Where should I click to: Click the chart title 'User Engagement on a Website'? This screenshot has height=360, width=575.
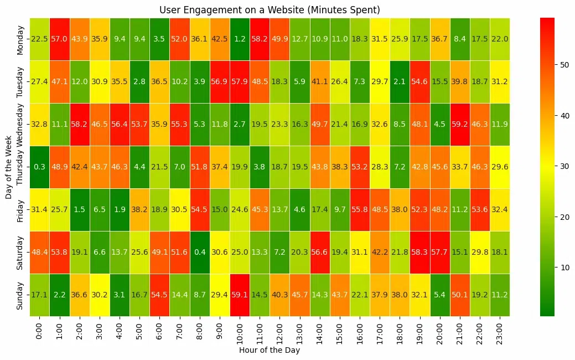[x=270, y=10]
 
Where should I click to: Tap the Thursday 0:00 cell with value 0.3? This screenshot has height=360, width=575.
[x=39, y=166]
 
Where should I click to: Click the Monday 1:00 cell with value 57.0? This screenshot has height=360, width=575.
[x=60, y=38]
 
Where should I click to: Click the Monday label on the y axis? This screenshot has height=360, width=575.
[x=20, y=38]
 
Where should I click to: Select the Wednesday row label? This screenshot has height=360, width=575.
[x=20, y=124]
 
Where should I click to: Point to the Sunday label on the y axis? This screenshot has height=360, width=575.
[x=20, y=295]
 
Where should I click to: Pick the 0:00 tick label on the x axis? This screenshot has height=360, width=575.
[x=39, y=329]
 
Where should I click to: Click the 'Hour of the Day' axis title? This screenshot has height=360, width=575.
[x=270, y=350]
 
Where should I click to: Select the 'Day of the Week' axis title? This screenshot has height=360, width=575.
[x=8, y=166]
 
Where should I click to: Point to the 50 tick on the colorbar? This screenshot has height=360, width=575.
[x=557, y=65]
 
